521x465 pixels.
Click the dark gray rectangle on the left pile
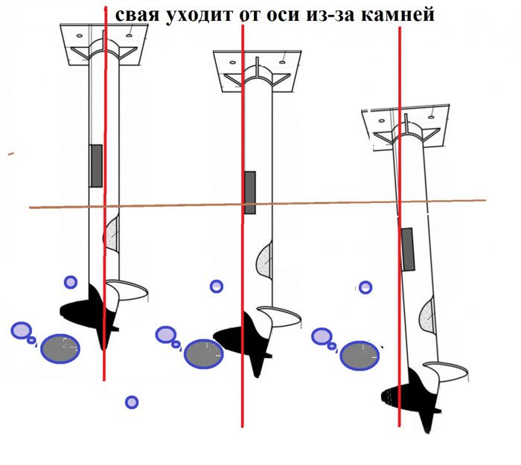(x=96, y=166)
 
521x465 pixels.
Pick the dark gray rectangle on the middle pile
(x=250, y=193)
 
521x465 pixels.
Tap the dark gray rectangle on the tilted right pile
(x=408, y=249)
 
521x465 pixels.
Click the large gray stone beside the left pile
(x=60, y=349)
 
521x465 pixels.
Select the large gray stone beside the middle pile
(x=203, y=354)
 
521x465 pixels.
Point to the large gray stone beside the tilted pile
(x=359, y=356)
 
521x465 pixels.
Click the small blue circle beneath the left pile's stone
(x=132, y=403)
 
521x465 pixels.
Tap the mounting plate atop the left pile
(x=104, y=45)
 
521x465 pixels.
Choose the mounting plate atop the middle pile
(x=258, y=71)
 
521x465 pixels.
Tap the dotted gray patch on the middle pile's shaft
(x=265, y=260)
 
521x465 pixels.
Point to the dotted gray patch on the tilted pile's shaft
(x=426, y=315)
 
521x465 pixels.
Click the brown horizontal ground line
(x=258, y=204)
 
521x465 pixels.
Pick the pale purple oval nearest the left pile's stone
(x=22, y=330)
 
